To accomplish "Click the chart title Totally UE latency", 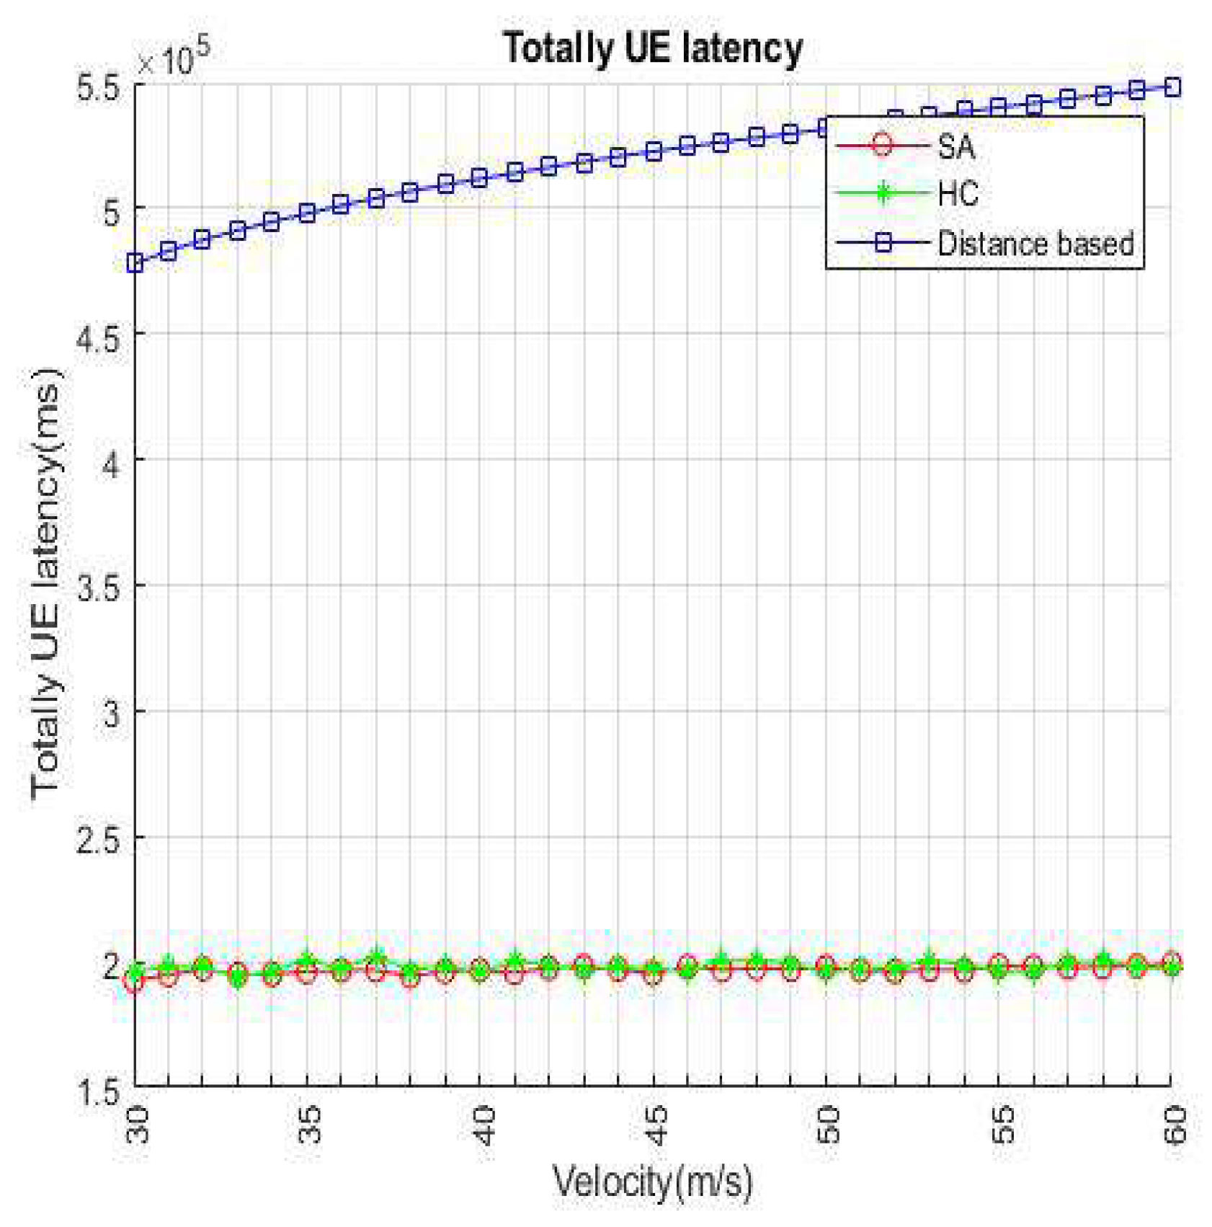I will coord(652,49).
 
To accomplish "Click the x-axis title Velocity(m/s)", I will coord(652,1182).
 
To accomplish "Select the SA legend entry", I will coord(955,147).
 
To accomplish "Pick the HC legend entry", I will coord(957,194).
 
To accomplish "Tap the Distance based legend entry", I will coord(1035,244).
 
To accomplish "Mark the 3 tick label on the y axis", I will coord(111,714).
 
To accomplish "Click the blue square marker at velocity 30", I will coord(135,263).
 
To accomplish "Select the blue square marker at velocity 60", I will coord(1172,87).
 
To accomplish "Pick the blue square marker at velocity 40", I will coord(480,177).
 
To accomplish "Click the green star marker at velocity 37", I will coord(377,958).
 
